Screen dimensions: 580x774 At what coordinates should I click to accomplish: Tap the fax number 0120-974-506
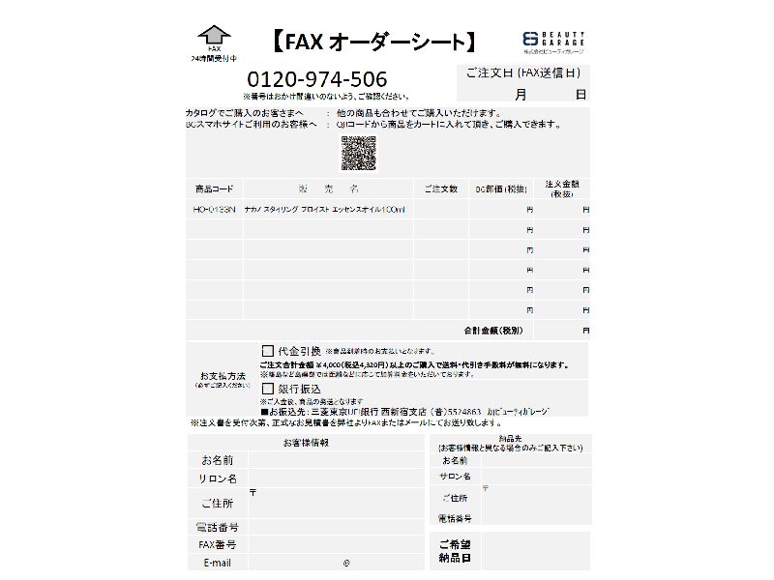tap(317, 79)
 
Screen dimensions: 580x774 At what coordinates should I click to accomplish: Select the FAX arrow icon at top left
tap(214, 38)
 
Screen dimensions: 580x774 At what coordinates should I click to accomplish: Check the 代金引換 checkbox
tap(268, 350)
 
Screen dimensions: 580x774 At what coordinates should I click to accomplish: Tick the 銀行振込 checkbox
tap(268, 388)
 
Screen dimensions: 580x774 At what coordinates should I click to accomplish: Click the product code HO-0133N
tap(214, 209)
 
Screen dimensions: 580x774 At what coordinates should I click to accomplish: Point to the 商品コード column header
tap(214, 188)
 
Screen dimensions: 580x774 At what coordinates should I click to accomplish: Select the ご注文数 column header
tap(440, 188)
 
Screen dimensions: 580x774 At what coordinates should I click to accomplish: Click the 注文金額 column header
tap(562, 188)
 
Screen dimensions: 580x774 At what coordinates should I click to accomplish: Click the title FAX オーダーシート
tap(372, 42)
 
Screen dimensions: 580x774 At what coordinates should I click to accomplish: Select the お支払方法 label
tap(223, 375)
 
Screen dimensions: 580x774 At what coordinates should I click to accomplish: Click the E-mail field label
tap(218, 563)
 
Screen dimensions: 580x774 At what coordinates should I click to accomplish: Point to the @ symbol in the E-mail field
tap(345, 563)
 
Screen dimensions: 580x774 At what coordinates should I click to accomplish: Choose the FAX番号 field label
tap(218, 545)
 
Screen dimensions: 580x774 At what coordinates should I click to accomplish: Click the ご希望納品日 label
tap(455, 551)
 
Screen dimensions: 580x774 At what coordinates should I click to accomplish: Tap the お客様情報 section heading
tap(306, 443)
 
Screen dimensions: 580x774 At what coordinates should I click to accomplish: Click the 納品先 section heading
tap(509, 438)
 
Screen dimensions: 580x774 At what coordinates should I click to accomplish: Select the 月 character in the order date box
tap(521, 94)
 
